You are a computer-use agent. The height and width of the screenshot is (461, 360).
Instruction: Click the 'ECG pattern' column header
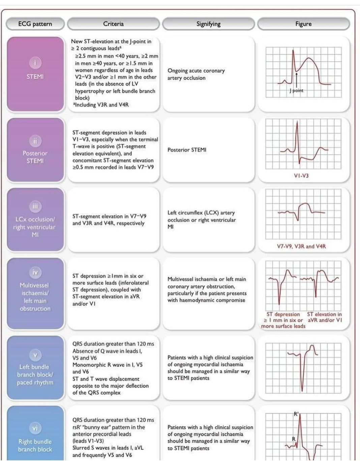(35, 24)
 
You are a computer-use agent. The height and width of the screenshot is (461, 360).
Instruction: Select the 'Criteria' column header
(113, 24)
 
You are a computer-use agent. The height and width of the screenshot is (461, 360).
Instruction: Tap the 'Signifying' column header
(208, 24)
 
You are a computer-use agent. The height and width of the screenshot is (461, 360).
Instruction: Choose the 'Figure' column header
(303, 24)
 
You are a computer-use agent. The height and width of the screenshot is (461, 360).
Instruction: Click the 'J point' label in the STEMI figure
(297, 91)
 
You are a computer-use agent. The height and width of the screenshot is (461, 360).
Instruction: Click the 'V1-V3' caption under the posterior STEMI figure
(301, 176)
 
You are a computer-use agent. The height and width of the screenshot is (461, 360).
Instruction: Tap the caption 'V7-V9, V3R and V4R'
(301, 247)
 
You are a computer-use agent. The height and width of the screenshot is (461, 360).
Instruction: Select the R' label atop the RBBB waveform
(296, 414)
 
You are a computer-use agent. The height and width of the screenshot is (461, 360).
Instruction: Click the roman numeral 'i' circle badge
(35, 63)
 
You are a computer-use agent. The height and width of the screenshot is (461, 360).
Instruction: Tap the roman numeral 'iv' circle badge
(35, 272)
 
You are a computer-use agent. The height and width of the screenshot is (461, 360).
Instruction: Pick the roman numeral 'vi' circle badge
(35, 428)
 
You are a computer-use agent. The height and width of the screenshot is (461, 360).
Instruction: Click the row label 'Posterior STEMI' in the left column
(35, 157)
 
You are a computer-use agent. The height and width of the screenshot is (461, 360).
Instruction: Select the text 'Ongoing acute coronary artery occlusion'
(196, 74)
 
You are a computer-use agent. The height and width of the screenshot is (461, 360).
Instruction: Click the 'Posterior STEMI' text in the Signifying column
(187, 150)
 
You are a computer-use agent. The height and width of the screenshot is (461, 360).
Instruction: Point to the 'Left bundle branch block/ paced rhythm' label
(35, 375)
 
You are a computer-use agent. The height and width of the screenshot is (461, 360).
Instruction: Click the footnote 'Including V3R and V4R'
(101, 105)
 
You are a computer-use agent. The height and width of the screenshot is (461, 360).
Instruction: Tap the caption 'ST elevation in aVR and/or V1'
(324, 317)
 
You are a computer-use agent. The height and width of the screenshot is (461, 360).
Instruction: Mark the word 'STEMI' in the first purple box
(35, 77)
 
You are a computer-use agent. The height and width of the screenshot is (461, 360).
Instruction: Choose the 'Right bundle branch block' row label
(35, 445)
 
